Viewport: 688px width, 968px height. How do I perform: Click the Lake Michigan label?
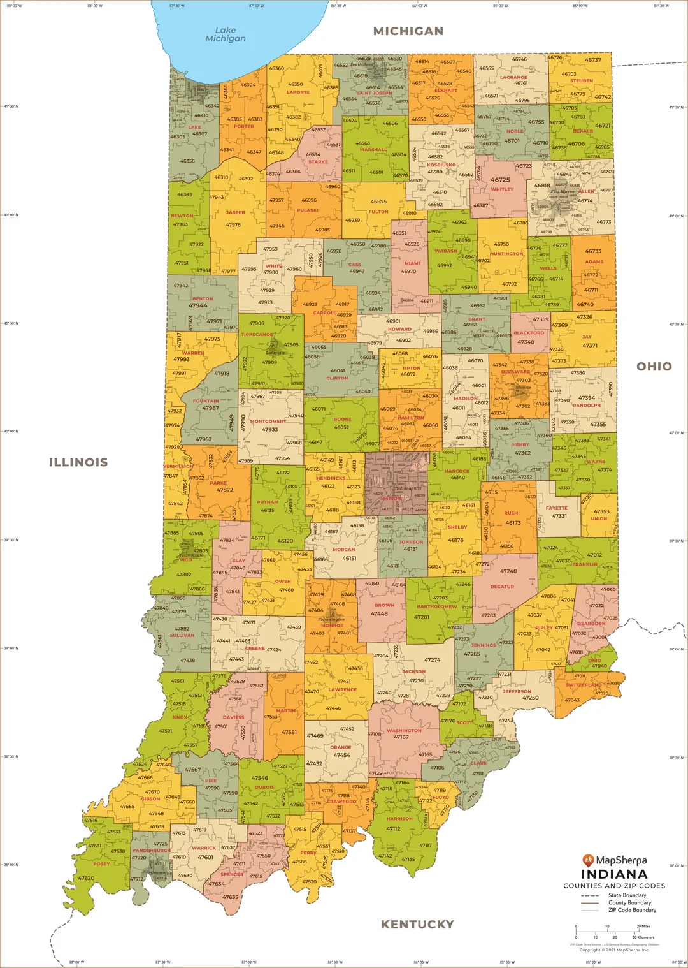225,34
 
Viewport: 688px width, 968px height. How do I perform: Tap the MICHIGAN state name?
408,31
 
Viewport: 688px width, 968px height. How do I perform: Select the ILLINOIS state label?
78,462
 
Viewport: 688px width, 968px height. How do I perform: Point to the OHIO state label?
654,366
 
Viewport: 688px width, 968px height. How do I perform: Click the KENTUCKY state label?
417,924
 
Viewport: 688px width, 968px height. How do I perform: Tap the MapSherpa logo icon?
588,860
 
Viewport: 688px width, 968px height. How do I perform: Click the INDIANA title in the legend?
614,874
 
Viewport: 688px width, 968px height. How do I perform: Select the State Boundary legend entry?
627,895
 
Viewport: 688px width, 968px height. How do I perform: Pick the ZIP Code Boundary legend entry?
632,910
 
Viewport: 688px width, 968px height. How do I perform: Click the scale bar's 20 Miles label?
643,926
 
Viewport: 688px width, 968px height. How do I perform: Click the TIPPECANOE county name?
257,334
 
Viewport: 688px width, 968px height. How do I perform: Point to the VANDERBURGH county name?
152,850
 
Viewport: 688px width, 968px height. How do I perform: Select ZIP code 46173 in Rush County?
513,523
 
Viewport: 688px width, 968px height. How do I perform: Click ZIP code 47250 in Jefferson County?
530,698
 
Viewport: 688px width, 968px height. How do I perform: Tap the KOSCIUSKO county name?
441,165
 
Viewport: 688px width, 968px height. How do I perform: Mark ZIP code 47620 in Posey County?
86,878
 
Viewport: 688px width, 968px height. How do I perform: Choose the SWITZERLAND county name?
584,685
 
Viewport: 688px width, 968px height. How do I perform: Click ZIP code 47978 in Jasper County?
233,224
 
